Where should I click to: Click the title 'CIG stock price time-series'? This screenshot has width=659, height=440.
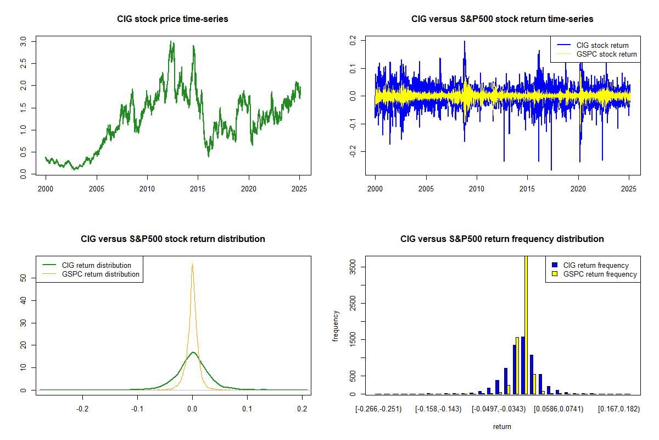tap(172, 19)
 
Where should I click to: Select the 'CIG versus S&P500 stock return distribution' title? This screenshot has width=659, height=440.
tap(172, 239)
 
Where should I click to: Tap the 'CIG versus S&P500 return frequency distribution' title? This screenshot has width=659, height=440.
tap(502, 239)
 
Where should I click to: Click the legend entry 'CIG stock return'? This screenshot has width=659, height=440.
tap(602, 45)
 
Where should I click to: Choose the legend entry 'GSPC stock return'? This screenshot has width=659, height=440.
tap(606, 54)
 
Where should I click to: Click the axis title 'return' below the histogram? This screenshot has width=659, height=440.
tap(502, 426)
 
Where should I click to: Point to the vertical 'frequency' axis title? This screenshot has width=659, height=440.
tap(336, 326)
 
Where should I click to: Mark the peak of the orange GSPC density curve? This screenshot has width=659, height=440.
tap(192, 264)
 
